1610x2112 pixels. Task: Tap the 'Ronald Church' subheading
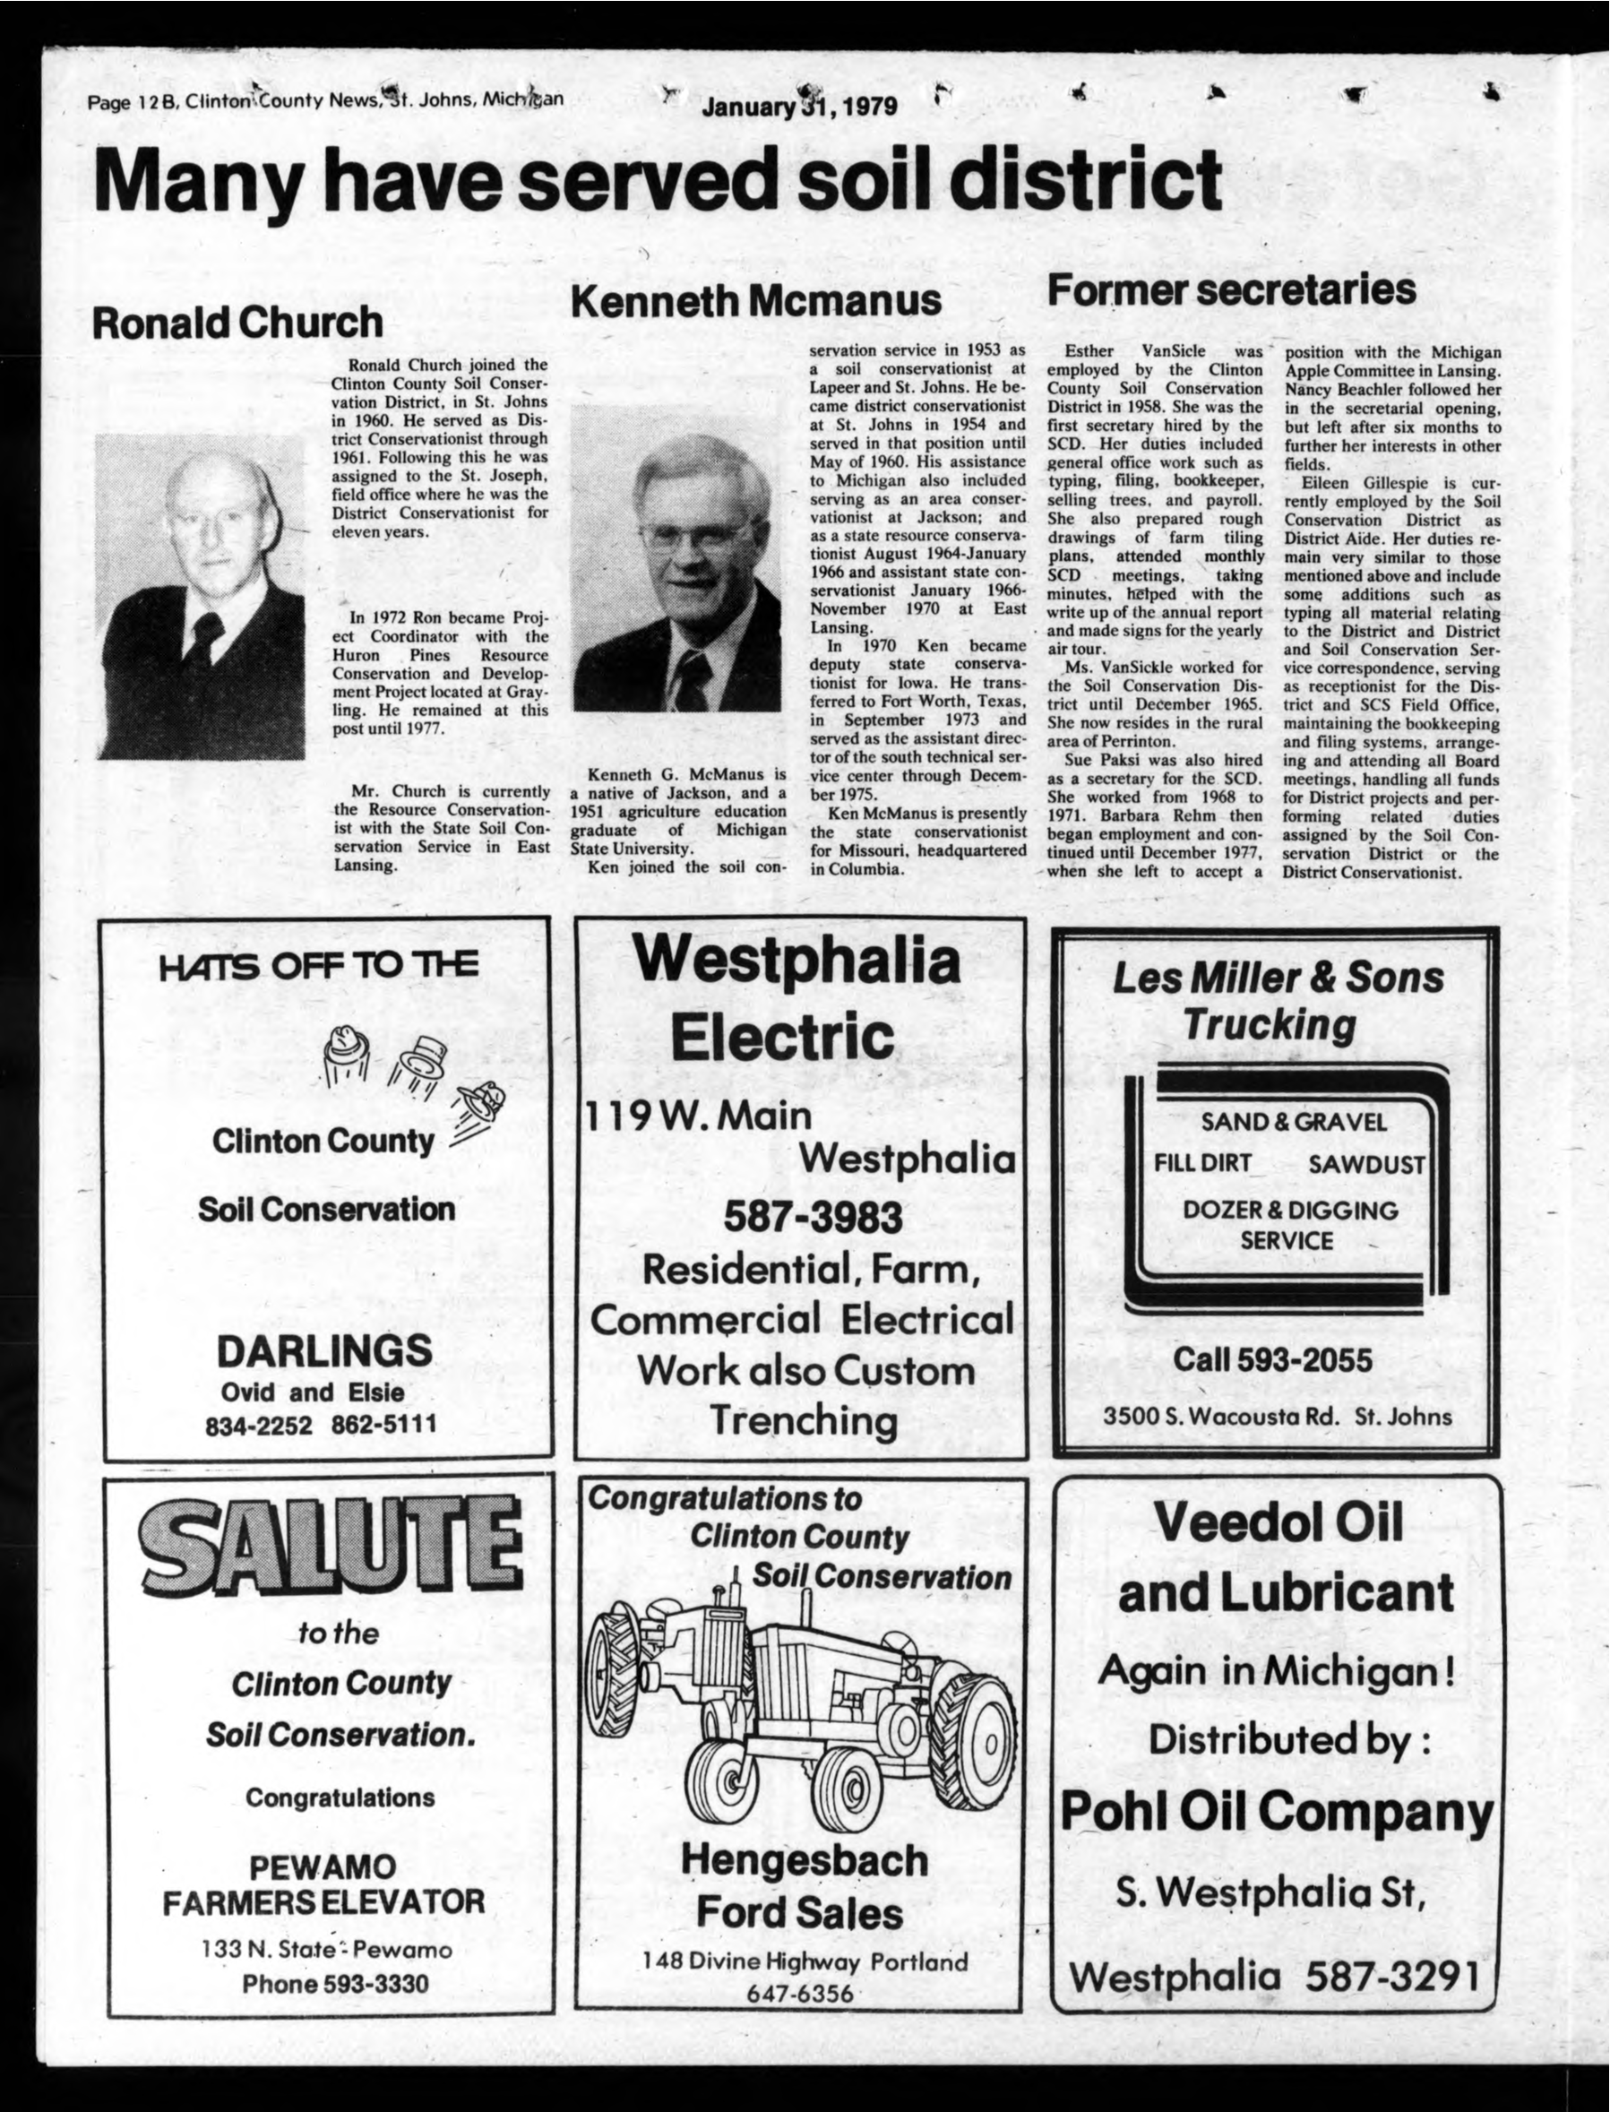point(237,323)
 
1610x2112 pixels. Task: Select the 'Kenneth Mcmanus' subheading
point(756,301)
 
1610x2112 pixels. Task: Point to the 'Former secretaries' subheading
point(1231,289)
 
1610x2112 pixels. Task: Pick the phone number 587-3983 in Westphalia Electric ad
point(812,1217)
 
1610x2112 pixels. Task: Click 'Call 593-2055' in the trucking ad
point(1272,1360)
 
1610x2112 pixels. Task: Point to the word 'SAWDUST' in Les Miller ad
point(1365,1165)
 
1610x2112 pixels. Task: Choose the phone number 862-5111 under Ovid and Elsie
point(384,1425)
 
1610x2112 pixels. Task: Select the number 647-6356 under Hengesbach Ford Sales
point(801,1987)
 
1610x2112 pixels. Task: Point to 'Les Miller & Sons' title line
point(1278,978)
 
